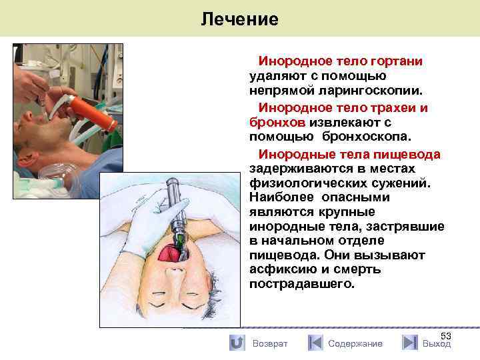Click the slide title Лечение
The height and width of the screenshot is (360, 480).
pyautogui.click(x=239, y=19)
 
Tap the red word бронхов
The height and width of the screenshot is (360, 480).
pyautogui.click(x=277, y=123)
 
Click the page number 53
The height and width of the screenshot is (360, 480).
pyautogui.click(x=446, y=336)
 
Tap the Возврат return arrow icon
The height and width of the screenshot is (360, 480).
pyautogui.click(x=236, y=343)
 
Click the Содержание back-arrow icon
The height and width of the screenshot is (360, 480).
pyautogui.click(x=315, y=343)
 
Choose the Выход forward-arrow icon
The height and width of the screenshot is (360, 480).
pyautogui.click(x=410, y=343)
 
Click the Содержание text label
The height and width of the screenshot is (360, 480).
pyautogui.click(x=355, y=344)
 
